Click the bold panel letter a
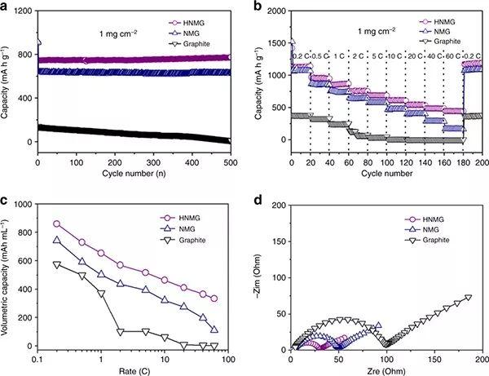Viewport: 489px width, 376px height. tap(6, 7)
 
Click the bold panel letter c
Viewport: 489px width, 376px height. tap(6, 200)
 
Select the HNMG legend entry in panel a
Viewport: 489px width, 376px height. tap(198, 24)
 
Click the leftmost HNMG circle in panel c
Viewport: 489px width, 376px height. tap(56, 223)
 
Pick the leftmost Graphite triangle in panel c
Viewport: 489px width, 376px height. tap(56, 264)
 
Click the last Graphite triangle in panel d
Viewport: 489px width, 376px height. tap(469, 298)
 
